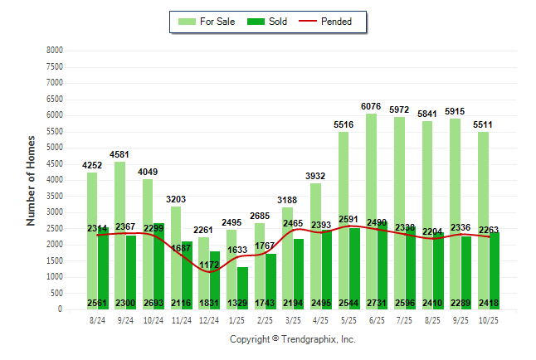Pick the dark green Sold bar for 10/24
point(159,265)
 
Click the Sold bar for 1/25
point(242,286)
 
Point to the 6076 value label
point(371,106)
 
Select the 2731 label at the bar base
point(377,304)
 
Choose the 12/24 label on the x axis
point(209,320)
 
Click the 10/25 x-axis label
point(489,320)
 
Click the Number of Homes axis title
point(31,180)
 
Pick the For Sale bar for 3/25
point(287,249)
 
